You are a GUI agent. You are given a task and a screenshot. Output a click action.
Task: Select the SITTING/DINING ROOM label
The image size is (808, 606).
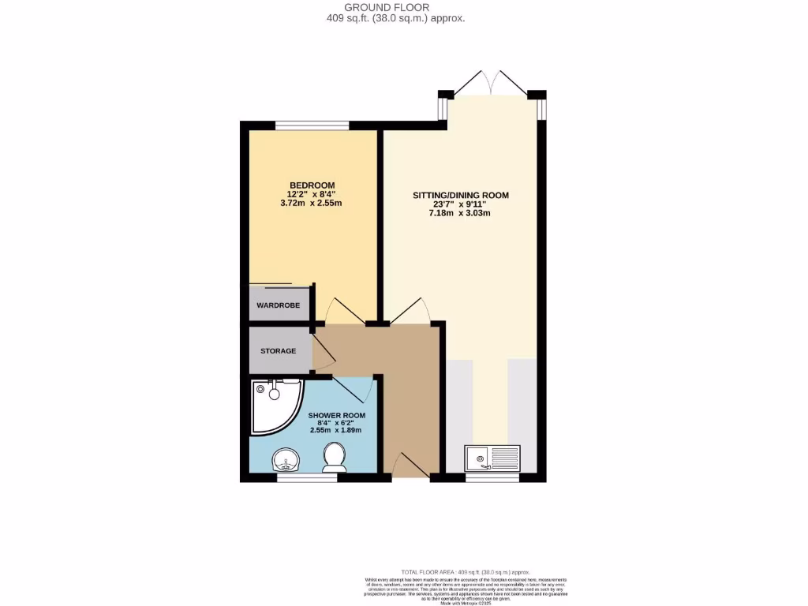[461, 195]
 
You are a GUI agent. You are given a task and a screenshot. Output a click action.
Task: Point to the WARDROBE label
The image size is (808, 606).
[279, 305]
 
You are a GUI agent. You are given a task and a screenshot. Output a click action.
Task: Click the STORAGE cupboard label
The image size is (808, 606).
[277, 350]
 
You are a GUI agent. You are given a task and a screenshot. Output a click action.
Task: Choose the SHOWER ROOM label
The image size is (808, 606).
[336, 415]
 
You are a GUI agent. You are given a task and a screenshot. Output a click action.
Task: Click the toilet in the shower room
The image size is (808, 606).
[335, 457]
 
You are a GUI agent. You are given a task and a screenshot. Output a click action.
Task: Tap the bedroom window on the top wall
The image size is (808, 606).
[312, 125]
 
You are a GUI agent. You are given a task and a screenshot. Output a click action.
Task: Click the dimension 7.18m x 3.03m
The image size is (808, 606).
[461, 213]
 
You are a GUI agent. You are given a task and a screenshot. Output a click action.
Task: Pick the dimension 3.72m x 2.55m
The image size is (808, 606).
[312, 203]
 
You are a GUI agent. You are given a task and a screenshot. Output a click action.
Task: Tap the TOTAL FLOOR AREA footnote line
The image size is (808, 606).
[466, 572]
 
